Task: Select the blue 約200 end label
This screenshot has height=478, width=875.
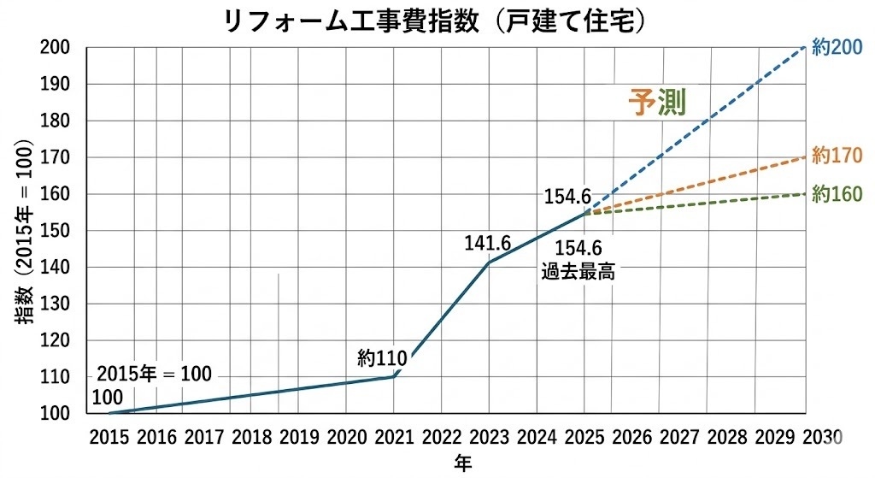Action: [837, 49]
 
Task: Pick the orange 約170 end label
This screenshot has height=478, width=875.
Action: [837, 156]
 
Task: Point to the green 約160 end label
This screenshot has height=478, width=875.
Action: [837, 194]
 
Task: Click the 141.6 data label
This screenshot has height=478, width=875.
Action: [487, 244]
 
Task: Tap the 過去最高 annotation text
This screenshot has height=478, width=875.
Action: [578, 274]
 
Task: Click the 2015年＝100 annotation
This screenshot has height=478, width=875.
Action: [154, 375]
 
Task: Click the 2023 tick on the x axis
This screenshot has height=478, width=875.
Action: [489, 436]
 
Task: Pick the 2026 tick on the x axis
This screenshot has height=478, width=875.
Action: [631, 436]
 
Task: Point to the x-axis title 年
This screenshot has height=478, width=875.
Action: [462, 463]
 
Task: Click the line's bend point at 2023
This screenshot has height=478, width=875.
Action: [489, 262]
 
